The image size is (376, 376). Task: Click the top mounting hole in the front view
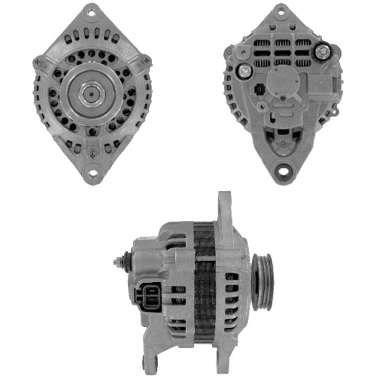pos(91,12)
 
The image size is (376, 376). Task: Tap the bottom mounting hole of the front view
pos(92,173)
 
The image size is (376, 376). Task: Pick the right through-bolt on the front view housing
pos(146,60)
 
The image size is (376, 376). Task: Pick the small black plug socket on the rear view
pos(259,89)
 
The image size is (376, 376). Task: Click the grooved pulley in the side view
pos(262,282)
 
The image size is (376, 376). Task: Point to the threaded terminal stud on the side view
pos(120,261)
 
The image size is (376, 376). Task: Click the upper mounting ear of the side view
pos(224,211)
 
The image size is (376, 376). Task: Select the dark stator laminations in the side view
pos(204,282)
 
